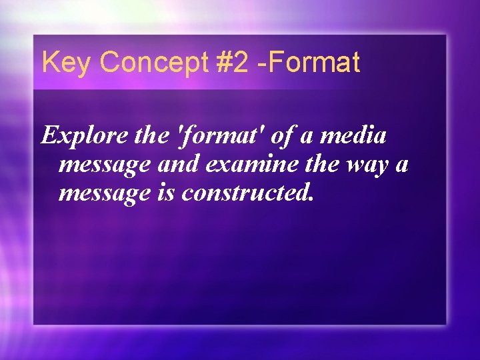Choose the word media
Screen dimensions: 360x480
[x=354, y=136]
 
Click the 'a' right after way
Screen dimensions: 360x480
[x=402, y=165]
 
